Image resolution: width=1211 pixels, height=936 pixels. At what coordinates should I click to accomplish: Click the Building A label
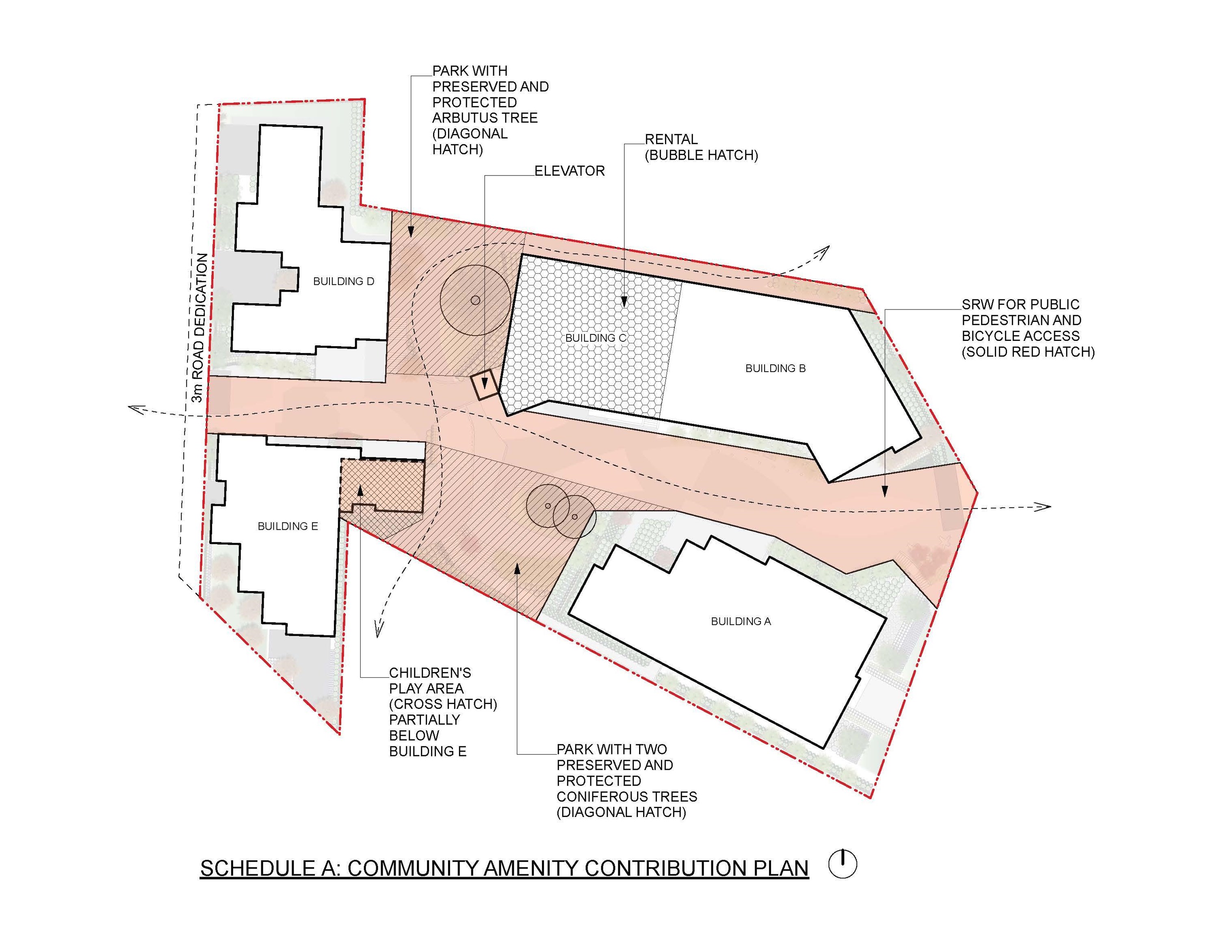741,622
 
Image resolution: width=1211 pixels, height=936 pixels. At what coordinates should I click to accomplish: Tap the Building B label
775,368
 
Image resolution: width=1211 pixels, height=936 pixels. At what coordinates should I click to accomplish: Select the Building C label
596,338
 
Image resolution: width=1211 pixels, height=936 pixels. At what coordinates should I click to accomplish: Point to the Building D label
344,281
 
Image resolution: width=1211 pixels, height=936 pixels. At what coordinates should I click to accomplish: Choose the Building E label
288,526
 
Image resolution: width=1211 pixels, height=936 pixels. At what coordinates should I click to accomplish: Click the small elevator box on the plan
484,384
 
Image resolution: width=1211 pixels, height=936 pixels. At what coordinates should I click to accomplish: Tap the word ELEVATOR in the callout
570,171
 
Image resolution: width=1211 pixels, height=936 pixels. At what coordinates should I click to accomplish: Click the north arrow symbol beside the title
843,864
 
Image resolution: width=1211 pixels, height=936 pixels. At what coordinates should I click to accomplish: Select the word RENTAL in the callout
671,139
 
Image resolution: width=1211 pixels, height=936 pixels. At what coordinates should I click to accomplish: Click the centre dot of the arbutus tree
475,300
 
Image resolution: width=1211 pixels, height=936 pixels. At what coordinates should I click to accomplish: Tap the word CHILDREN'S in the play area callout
430,673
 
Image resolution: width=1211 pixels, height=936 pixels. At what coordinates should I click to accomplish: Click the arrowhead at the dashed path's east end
1044,506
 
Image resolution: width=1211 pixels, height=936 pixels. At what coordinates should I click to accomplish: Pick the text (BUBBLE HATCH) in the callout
702,155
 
